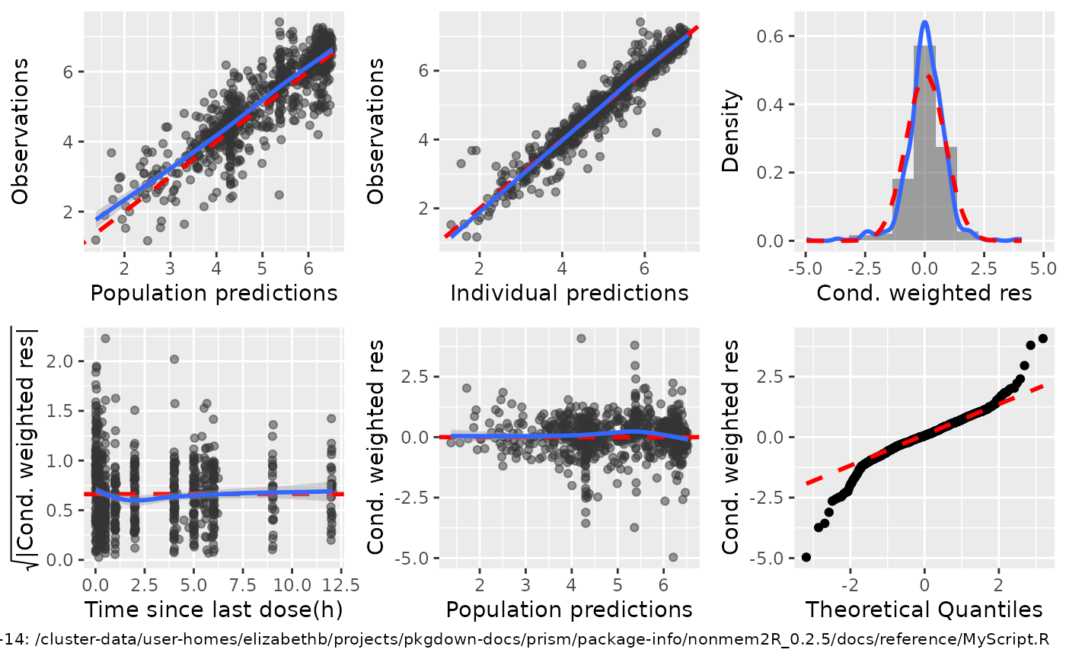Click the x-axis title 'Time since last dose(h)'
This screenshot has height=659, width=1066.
(212, 610)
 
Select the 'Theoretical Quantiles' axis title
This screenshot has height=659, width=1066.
(924, 610)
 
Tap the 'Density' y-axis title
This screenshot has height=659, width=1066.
(732, 131)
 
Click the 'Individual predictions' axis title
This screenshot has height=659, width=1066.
(570, 293)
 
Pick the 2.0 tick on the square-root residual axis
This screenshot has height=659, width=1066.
(67, 361)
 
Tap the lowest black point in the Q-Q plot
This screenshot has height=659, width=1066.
(806, 557)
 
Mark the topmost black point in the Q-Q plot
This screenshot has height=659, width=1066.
(1042, 339)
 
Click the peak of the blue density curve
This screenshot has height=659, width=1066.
(924, 22)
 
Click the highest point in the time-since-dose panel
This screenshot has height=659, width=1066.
(105, 339)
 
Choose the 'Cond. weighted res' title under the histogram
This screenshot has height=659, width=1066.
(924, 293)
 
